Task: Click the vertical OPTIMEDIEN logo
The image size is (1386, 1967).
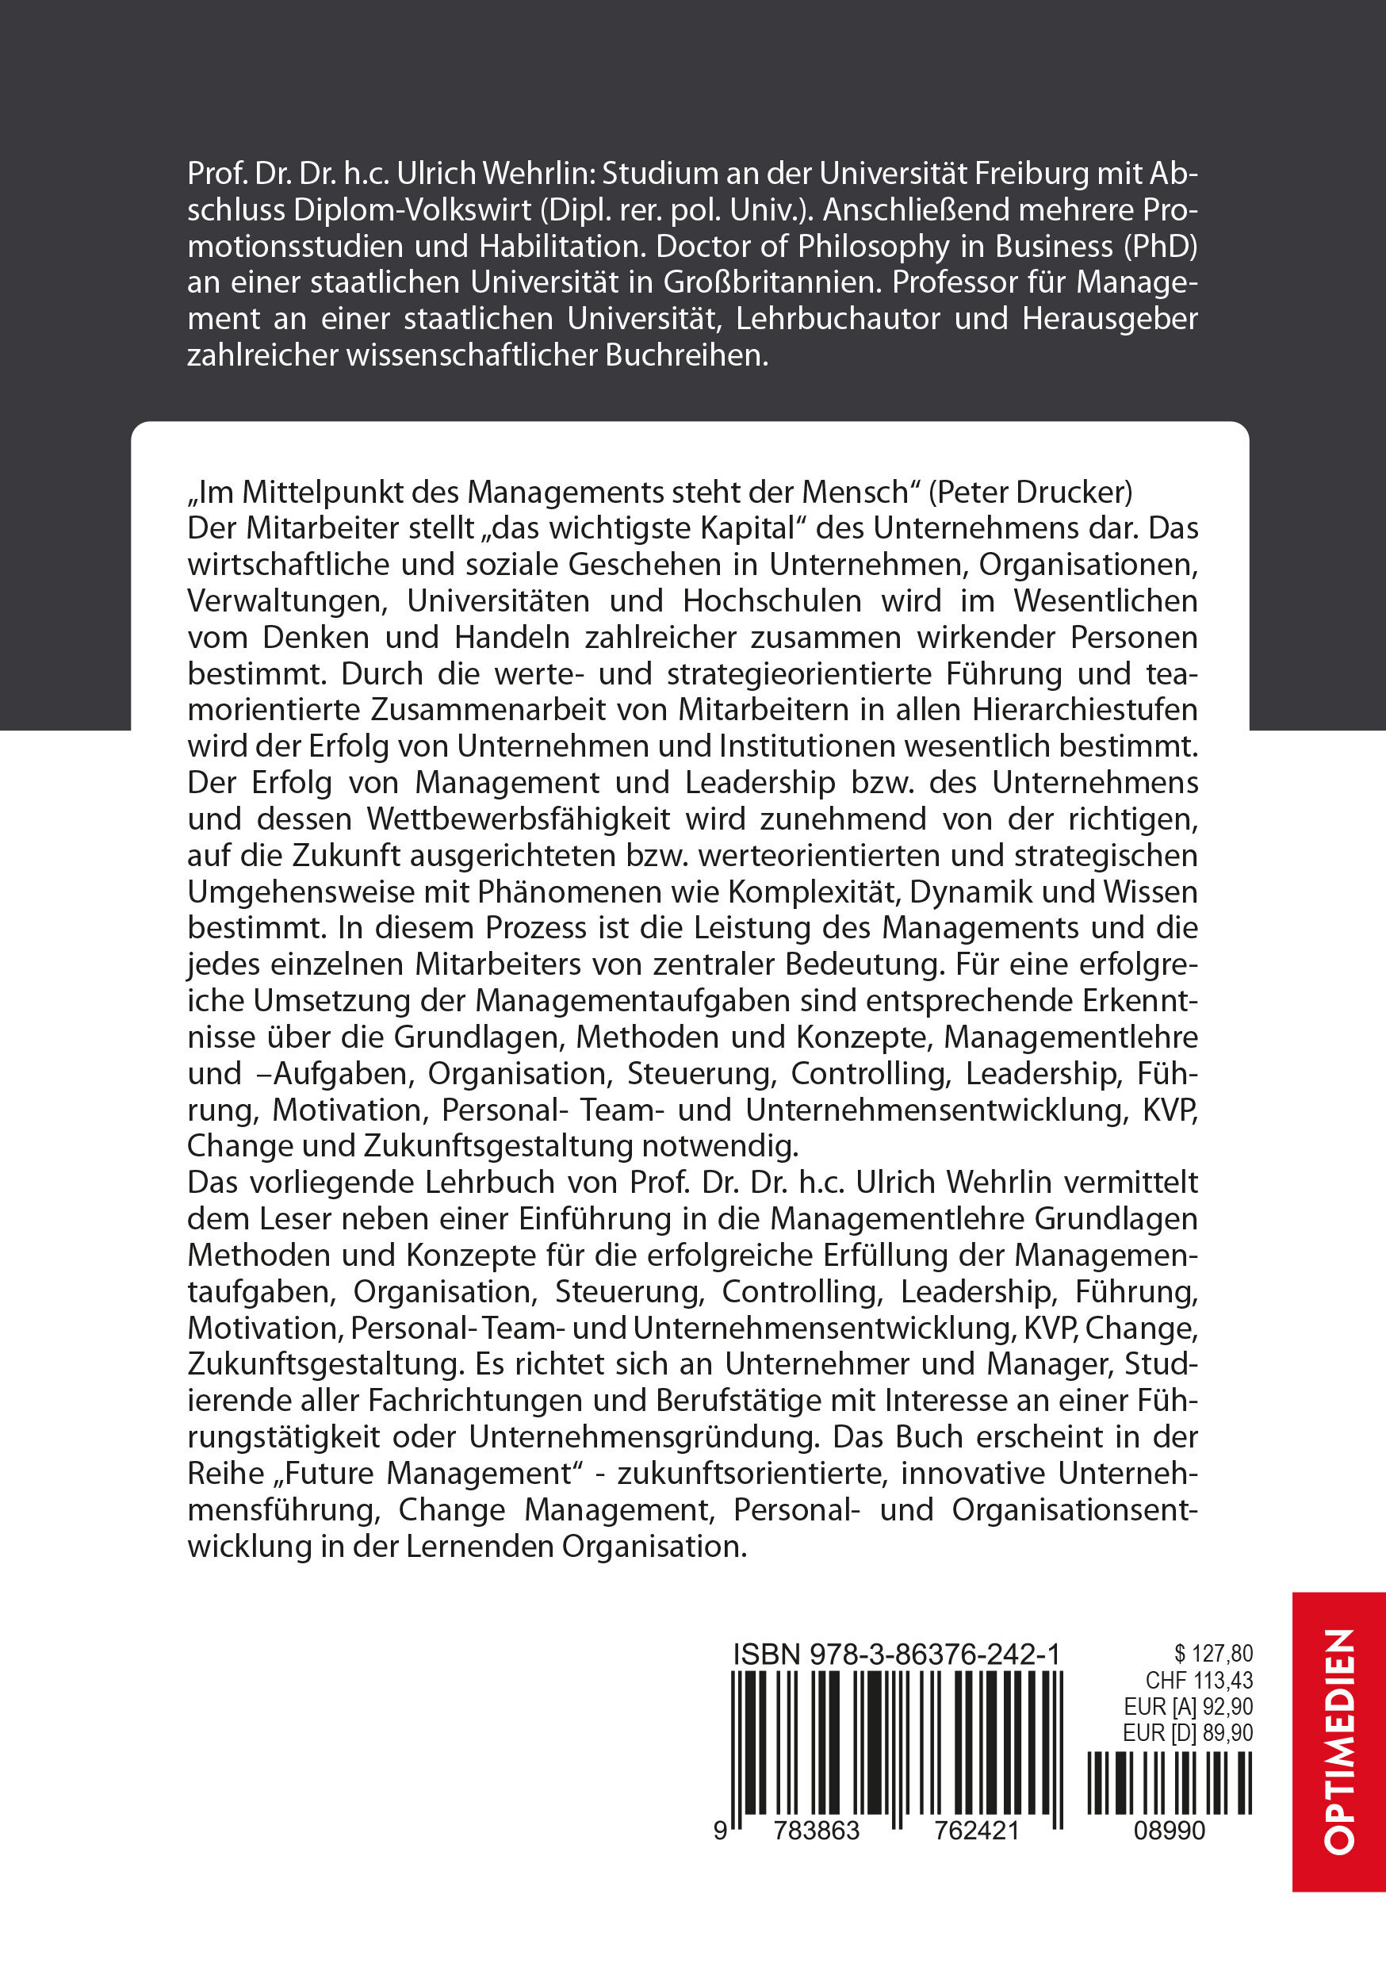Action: [x=1339, y=1741]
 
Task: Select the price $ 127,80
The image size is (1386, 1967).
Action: [x=1213, y=1654]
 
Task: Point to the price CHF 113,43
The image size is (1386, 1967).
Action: [x=1198, y=1680]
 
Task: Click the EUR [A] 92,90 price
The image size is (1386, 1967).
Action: [x=1187, y=1707]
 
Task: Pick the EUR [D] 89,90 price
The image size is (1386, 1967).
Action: [x=1187, y=1733]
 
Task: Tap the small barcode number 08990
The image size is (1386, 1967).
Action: [x=1170, y=1831]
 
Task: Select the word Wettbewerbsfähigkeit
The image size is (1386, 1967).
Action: [x=519, y=819]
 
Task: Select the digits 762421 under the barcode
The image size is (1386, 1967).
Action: [x=966, y=1831]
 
